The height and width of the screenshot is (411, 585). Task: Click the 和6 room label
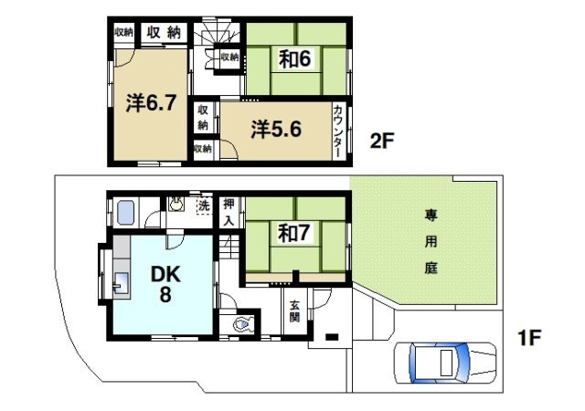(x=294, y=58)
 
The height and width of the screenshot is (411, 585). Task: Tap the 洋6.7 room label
(x=151, y=103)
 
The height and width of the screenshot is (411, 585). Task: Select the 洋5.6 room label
(x=276, y=130)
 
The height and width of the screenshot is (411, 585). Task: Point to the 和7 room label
(x=293, y=233)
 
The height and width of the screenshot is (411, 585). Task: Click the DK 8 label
(x=165, y=283)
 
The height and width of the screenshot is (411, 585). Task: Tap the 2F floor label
(x=382, y=141)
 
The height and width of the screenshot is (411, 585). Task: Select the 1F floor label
(x=529, y=338)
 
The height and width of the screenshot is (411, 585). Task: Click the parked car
(x=445, y=363)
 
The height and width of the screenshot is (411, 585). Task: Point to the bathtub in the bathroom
(x=125, y=213)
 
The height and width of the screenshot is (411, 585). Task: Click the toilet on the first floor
(x=242, y=325)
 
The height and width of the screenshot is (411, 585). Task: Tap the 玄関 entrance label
(x=294, y=311)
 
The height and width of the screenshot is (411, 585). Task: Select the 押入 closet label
(x=229, y=213)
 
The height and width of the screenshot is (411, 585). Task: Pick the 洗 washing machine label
(x=204, y=205)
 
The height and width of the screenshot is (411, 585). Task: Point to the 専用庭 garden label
(x=431, y=242)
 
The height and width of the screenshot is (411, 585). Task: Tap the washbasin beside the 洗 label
(x=175, y=204)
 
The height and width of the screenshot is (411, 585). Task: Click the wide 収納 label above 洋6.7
(x=164, y=33)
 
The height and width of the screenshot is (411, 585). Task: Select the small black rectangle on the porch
(x=332, y=337)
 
